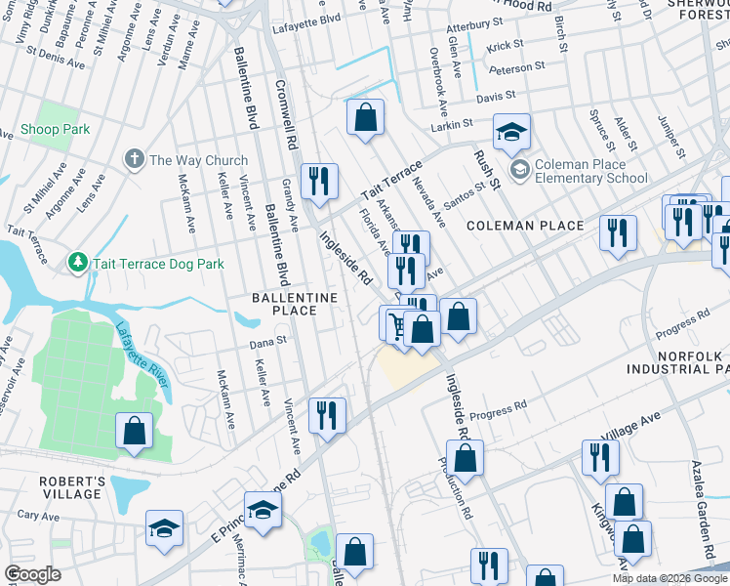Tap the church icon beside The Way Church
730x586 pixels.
[x=135, y=160]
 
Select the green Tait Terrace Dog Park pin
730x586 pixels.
[x=78, y=263]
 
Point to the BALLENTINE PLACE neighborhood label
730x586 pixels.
[x=294, y=304]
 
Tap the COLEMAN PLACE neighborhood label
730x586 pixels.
[x=524, y=226]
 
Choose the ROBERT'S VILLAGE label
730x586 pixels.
[x=71, y=488]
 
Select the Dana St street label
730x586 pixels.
[x=266, y=341]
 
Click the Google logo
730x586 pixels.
[x=32, y=574]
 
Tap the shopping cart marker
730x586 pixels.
[x=397, y=323]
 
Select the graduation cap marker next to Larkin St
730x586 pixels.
[x=509, y=135]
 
